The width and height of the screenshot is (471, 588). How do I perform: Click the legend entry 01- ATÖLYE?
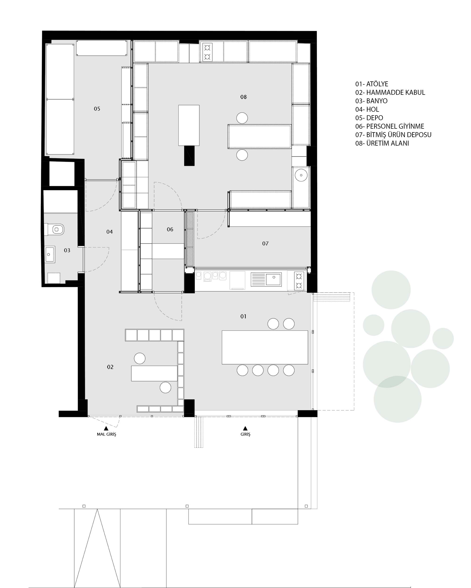click(x=372, y=84)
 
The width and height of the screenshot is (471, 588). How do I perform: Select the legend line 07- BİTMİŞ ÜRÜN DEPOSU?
click(x=393, y=135)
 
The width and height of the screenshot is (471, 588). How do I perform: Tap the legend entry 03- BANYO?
click(x=371, y=101)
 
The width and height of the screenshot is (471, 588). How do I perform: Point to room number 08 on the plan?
click(x=243, y=97)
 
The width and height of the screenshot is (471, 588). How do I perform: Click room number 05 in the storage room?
click(x=97, y=109)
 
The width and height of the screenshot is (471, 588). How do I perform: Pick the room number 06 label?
click(x=170, y=229)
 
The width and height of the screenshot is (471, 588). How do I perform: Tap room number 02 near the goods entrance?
click(x=110, y=367)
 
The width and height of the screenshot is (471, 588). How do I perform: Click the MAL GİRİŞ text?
click(x=106, y=434)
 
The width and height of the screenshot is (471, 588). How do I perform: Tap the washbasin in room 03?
click(x=50, y=254)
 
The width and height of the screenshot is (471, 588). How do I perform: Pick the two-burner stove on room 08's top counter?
click(x=207, y=52)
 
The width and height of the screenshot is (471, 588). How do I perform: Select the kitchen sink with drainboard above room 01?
click(x=266, y=280)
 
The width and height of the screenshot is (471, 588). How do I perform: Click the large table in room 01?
click(x=264, y=347)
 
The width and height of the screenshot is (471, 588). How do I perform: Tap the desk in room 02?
click(x=154, y=373)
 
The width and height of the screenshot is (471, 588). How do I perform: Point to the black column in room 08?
click(x=189, y=156)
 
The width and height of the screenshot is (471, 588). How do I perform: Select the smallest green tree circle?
click(x=374, y=325)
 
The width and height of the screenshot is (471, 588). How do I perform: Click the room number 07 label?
click(x=265, y=243)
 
